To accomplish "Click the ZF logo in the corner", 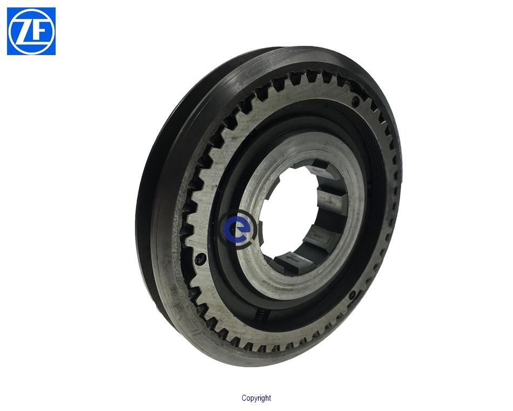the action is [31, 31].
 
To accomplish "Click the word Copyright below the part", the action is [256, 398].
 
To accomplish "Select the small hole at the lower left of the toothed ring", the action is [200, 259].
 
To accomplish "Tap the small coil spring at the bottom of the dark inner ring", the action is [262, 315].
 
